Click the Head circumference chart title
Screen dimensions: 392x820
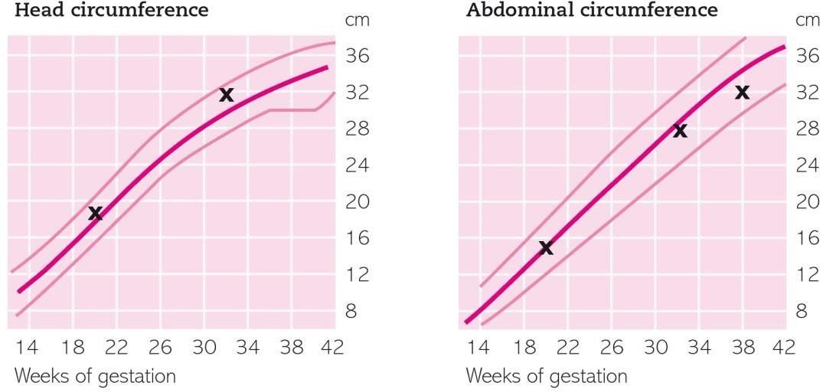(x=111, y=11)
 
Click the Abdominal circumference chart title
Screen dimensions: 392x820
(x=592, y=11)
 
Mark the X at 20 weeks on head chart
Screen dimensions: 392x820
(x=95, y=213)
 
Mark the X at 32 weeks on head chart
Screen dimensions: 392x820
(x=226, y=95)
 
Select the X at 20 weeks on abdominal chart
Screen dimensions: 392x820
(x=546, y=247)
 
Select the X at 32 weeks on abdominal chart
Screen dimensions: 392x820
(x=680, y=131)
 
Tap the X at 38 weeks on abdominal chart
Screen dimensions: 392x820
(x=742, y=92)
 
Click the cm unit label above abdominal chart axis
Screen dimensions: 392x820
(x=808, y=20)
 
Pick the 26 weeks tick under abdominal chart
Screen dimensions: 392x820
(x=612, y=348)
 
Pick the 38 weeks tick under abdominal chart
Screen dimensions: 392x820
(x=742, y=348)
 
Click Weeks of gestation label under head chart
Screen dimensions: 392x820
(x=95, y=376)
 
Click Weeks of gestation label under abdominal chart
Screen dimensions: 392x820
(x=546, y=376)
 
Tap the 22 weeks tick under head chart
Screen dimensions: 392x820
(x=116, y=348)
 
